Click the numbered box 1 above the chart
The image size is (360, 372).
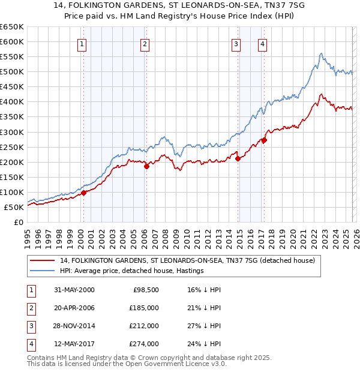click(x=81, y=43)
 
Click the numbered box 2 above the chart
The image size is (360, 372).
click(x=145, y=43)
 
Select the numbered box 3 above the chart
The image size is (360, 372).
click(x=236, y=43)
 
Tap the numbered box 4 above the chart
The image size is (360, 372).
click(x=263, y=43)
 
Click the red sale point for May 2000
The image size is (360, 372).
click(x=84, y=193)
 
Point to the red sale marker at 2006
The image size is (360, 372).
click(x=146, y=167)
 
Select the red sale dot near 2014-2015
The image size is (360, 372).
click(x=238, y=158)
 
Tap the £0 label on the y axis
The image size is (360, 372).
click(x=18, y=223)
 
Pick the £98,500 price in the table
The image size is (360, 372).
click(x=146, y=290)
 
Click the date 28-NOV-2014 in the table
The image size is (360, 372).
click(x=74, y=326)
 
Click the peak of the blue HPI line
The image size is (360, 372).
click(x=322, y=53)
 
